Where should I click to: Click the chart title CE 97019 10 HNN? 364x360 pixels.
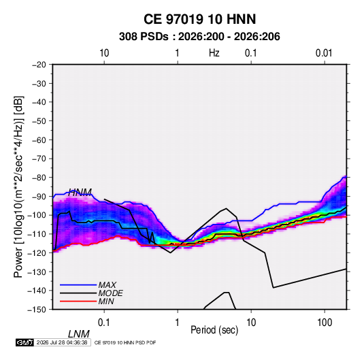199,19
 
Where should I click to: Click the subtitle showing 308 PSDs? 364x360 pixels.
199,37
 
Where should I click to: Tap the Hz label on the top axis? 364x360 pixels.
214,53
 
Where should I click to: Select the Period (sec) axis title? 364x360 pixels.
214,330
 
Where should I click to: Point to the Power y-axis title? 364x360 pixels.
18,187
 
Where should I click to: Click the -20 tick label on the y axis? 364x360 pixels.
39,65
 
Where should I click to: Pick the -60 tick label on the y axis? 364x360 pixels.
39,140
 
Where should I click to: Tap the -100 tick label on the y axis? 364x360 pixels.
37,215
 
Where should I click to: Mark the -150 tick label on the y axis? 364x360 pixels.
37,310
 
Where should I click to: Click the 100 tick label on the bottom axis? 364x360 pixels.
325,323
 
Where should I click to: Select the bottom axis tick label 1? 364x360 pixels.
177,323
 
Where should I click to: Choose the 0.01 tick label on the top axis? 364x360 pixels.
324,53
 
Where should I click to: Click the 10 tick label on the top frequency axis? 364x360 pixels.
104,53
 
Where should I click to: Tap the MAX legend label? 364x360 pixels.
107,285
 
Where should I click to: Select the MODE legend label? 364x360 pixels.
110,293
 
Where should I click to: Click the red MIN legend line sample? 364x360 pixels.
78,301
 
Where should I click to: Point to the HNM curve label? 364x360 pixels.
80,193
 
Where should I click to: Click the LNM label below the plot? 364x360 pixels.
78,334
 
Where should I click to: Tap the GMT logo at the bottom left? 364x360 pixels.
24,342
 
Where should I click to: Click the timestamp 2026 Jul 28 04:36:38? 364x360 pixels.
62,342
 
